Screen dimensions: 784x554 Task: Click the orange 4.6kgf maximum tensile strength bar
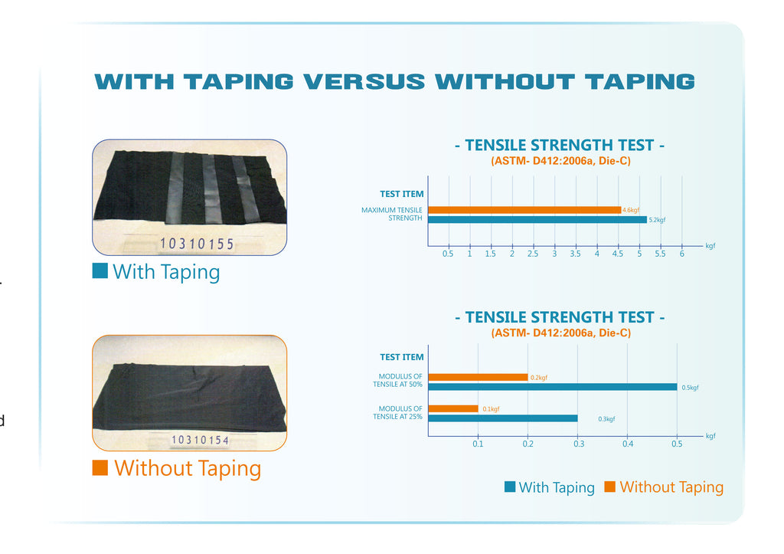click(524, 210)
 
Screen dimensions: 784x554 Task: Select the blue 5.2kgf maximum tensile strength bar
click(537, 220)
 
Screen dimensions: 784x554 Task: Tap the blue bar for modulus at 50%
click(553, 387)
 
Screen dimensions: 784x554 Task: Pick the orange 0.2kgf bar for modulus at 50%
click(478, 377)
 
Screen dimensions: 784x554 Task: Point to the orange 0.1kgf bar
click(453, 409)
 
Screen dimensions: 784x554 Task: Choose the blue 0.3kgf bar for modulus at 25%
click(503, 418)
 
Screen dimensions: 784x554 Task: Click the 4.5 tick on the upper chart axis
click(618, 254)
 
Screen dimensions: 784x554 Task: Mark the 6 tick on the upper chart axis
click(681, 254)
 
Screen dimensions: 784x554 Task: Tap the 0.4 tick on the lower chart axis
click(628, 444)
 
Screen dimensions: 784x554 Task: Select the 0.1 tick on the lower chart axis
click(478, 444)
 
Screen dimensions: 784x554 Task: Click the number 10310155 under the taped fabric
click(197, 244)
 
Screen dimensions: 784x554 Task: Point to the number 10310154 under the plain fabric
click(200, 440)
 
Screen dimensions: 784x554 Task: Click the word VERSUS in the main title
click(364, 81)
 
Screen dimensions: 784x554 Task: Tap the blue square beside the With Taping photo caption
click(100, 270)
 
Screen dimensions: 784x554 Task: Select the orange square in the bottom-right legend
click(609, 487)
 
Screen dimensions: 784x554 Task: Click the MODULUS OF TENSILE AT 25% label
click(397, 412)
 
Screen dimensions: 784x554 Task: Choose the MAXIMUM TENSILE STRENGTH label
click(392, 215)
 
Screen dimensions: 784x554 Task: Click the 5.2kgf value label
click(657, 220)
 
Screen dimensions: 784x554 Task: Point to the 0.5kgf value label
click(690, 388)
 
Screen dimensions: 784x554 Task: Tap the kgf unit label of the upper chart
click(710, 246)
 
